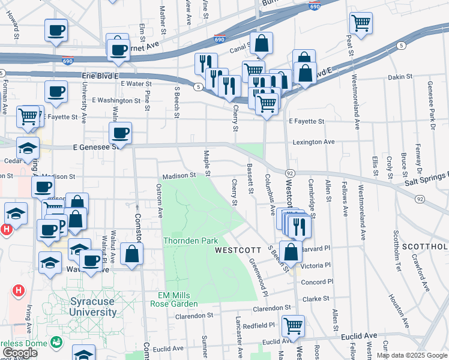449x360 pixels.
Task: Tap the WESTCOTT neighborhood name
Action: point(238,250)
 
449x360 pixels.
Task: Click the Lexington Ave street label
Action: point(313,142)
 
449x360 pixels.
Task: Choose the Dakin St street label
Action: point(401,77)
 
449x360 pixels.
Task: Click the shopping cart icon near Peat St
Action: point(361,23)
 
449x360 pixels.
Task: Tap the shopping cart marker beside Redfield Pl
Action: point(293,326)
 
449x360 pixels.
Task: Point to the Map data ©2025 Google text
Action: point(412,355)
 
